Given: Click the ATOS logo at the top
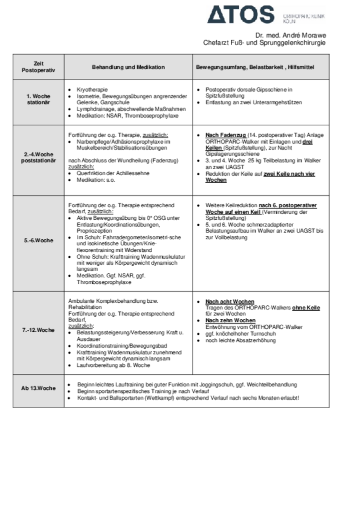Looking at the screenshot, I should pyautogui.click(x=241, y=15).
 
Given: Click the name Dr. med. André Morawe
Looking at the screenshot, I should pyautogui.click(x=290, y=36).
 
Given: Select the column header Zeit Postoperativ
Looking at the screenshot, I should pyautogui.click(x=38, y=67).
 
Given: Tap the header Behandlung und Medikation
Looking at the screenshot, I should pyautogui.click(x=128, y=67).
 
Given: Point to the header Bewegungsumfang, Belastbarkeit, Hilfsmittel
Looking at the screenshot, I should pyautogui.click(x=255, y=67).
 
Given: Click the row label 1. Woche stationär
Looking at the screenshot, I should pyautogui.click(x=38, y=99).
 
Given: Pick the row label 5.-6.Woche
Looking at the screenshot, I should pyautogui.click(x=38, y=240).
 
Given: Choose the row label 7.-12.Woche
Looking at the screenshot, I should pyautogui.click(x=38, y=330).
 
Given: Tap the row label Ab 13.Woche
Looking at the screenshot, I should pyautogui.click(x=38, y=388).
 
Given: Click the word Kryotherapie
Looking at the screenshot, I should pyautogui.click(x=92, y=89).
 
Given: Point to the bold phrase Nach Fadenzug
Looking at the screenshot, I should pyautogui.click(x=225, y=135).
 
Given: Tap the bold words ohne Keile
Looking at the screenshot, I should pyautogui.click(x=306, y=308).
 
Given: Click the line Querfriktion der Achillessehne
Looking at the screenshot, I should pyautogui.click(x=113, y=173).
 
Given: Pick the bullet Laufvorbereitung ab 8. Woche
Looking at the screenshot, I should pyautogui.click(x=113, y=365).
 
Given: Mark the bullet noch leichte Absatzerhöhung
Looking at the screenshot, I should pyautogui.click(x=240, y=340).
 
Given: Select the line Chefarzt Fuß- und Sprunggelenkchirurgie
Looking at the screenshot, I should pyautogui.click(x=264, y=43).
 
